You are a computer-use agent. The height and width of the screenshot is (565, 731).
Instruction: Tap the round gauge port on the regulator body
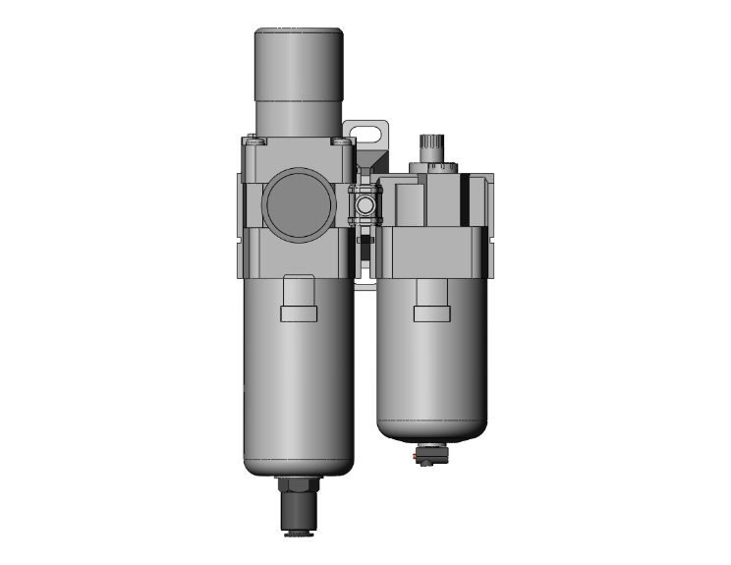[x=300, y=203]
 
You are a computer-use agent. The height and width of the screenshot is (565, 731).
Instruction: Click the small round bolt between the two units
[x=365, y=207]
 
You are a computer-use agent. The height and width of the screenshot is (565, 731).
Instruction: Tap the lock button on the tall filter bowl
[x=299, y=300]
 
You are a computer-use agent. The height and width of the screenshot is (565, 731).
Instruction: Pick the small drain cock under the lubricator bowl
[x=432, y=453]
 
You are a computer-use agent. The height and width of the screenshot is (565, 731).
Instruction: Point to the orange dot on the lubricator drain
[x=424, y=457]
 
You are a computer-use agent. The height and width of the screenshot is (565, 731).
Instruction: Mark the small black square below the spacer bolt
[x=365, y=239]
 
